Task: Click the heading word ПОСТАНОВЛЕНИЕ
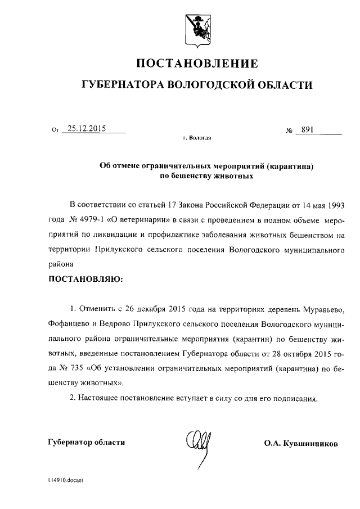tap(196, 62)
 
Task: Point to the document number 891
tap(307, 129)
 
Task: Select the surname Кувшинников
tap(311, 443)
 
